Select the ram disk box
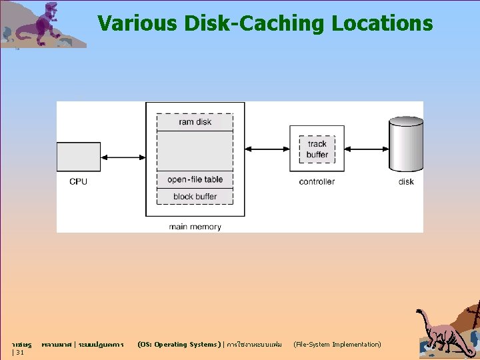[195, 122]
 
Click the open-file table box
[195, 179]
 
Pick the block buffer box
[195, 197]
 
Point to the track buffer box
[317, 149]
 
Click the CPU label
[78, 181]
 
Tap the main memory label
[195, 227]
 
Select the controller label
[317, 181]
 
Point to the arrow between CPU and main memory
[123, 157]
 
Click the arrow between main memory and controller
[267, 149]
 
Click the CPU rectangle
[78, 158]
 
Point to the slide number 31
[20, 352]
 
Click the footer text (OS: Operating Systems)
[177, 345]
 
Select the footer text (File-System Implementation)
[337, 345]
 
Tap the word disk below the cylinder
[406, 181]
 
